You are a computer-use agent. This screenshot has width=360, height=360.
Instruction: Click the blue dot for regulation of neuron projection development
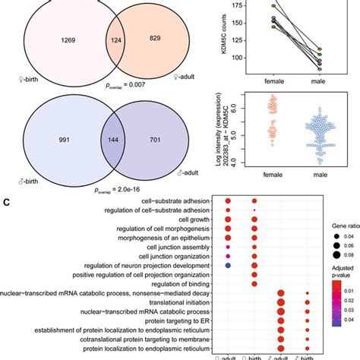(227, 264)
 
